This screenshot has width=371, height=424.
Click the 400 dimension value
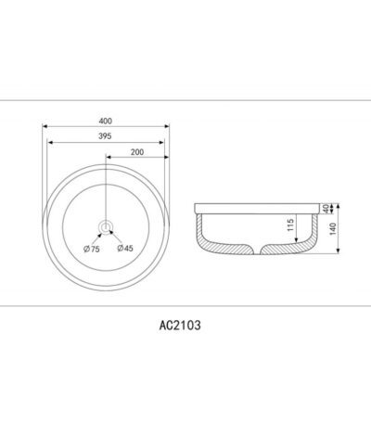(x=106, y=121)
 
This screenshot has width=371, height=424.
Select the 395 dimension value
(x=105, y=136)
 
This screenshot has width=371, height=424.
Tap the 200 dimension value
(x=137, y=152)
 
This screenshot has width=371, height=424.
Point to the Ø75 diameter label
(x=92, y=249)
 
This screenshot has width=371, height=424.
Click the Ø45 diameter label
(x=125, y=248)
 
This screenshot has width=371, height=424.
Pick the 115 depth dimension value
(x=290, y=225)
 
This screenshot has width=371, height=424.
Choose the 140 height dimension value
(x=333, y=229)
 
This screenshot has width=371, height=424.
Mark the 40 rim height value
(x=325, y=209)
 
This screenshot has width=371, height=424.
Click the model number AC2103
(x=180, y=325)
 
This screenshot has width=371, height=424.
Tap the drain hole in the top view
(x=106, y=227)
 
